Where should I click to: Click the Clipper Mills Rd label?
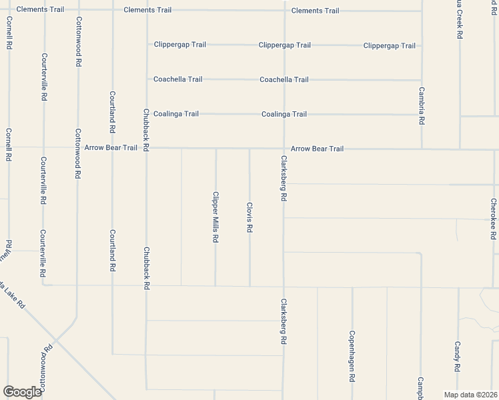pyautogui.click(x=215, y=217)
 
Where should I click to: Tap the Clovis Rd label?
pyautogui.click(x=249, y=217)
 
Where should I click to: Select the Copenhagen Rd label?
pyautogui.click(x=352, y=356)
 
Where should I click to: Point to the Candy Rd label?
pyautogui.click(x=458, y=357)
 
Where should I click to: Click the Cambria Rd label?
pyautogui.click(x=422, y=107)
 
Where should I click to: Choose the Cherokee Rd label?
pyautogui.click(x=493, y=219)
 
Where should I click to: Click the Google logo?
pyautogui.click(x=22, y=391)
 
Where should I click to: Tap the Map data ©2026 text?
pyautogui.click(x=470, y=394)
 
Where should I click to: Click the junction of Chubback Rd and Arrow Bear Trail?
pyautogui.click(x=146, y=148)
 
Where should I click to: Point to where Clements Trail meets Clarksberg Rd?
pyautogui.click(x=285, y=11)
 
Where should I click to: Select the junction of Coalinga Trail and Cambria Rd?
pyautogui.click(x=422, y=115)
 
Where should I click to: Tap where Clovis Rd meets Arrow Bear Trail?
pyautogui.click(x=249, y=149)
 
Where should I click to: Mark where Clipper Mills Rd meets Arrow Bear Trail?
pyautogui.click(x=215, y=149)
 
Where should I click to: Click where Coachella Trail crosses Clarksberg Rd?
pyautogui.click(x=285, y=79)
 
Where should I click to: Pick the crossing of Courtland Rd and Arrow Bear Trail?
pyautogui.click(x=112, y=148)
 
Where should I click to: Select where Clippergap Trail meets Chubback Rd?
pyautogui.click(x=147, y=45)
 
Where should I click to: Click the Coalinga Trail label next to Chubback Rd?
pyautogui.click(x=176, y=114)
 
